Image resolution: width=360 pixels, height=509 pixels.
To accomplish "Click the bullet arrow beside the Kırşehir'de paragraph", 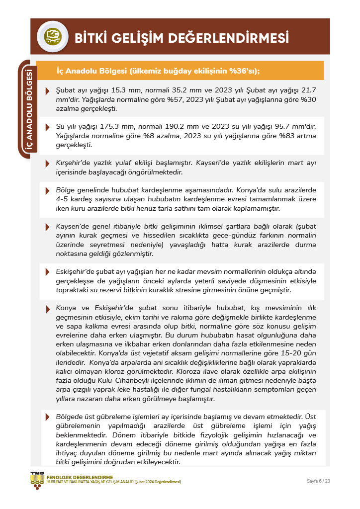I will pyautogui.click(x=47, y=164).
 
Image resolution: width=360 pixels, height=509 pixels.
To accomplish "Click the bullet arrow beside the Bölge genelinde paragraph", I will pyautogui.click(x=47, y=191).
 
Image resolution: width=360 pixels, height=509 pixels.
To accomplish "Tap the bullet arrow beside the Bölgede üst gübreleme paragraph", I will pyautogui.click(x=47, y=417).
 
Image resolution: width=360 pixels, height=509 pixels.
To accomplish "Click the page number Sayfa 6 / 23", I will pyautogui.click(x=318, y=481).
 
